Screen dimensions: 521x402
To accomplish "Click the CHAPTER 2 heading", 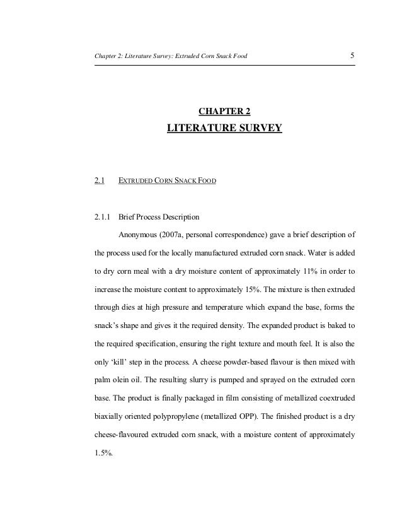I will point(224,112).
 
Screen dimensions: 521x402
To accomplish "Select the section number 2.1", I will point(99,182).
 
